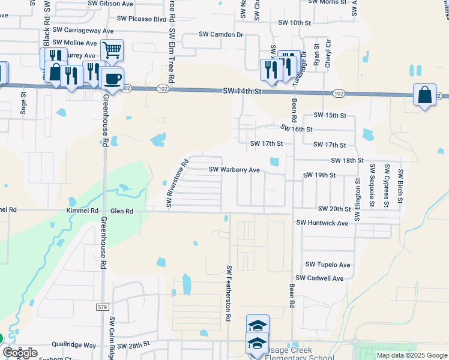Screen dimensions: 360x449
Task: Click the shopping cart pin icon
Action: pos(112,50)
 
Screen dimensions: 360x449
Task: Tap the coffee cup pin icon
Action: pos(112,77)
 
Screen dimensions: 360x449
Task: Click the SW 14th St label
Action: pos(243,91)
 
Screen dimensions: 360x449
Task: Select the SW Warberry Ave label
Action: pos(234,170)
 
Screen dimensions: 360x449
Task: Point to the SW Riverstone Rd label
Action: pos(178,182)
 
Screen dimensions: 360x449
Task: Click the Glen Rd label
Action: pos(121,211)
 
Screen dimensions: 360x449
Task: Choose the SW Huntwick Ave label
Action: pos(322,223)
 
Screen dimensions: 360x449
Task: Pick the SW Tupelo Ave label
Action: pos(328,265)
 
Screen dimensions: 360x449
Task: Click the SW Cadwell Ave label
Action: pos(324,278)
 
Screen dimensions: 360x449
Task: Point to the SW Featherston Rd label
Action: pos(229,295)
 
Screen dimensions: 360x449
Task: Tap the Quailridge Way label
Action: pos(74,346)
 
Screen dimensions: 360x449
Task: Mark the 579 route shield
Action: pos(102,307)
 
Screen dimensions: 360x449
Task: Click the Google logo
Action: pos(20,353)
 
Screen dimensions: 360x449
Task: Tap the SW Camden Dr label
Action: pos(221,35)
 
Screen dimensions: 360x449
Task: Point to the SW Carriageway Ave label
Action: pos(83,29)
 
